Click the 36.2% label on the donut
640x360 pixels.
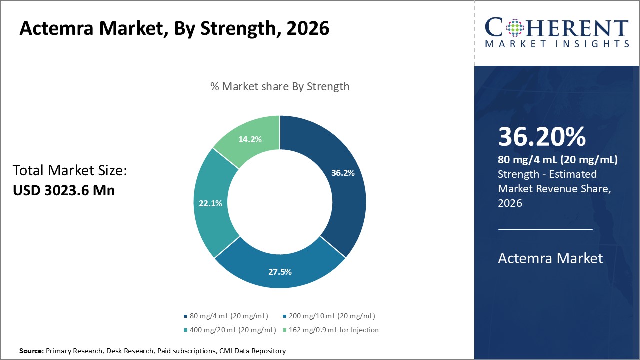[x=343, y=173]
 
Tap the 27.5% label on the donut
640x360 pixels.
[x=279, y=272]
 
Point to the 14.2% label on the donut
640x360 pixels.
[x=250, y=139]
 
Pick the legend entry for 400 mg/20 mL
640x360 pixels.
[x=230, y=330]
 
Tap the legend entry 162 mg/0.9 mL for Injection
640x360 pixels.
[x=330, y=330]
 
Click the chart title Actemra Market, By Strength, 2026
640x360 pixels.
[x=174, y=28]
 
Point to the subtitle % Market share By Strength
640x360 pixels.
[x=280, y=86]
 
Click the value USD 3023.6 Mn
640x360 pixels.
[x=63, y=190]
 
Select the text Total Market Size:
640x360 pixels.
[x=70, y=171]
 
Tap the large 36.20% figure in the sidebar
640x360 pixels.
[x=542, y=137]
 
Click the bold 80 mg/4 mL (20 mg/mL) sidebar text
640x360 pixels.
[x=558, y=160]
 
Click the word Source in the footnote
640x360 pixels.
[x=31, y=351]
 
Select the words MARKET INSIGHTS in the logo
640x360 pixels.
[x=557, y=44]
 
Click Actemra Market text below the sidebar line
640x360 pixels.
[x=550, y=258]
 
